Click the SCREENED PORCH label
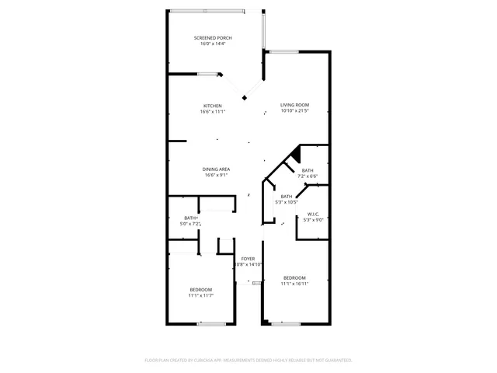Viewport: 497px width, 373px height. click(213, 37)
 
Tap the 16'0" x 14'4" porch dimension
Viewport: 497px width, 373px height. click(213, 44)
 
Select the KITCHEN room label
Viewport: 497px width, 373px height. click(213, 106)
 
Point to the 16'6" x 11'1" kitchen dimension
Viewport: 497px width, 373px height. click(213, 112)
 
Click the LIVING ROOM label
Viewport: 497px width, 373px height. click(295, 105)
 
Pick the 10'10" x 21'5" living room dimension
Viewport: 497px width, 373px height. click(295, 111)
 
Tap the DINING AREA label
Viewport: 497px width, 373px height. click(217, 169)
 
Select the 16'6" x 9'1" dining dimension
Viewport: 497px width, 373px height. click(217, 175)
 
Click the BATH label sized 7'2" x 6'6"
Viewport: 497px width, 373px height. click(308, 170)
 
